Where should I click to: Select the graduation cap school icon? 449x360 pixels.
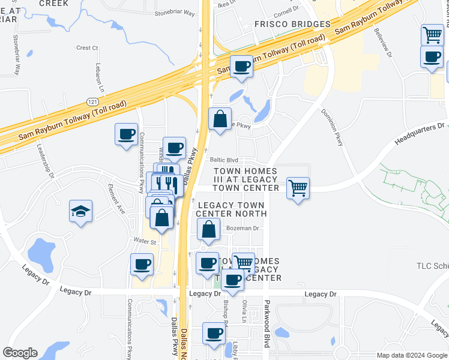(80, 212)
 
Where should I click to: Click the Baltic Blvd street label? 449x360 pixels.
(224, 160)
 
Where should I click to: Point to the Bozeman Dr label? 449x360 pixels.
(243, 228)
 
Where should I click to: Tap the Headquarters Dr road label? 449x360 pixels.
(419, 133)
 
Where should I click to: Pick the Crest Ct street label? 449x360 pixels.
(87, 48)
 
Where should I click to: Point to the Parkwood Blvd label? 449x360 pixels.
(267, 325)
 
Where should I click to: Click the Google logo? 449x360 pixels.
(20, 353)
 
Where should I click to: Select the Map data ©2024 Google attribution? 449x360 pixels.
(411, 355)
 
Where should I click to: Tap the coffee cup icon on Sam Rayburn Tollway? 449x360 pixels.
(241, 66)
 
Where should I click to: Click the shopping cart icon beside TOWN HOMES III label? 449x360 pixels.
(298, 188)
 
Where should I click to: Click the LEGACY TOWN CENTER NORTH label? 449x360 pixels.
(231, 209)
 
